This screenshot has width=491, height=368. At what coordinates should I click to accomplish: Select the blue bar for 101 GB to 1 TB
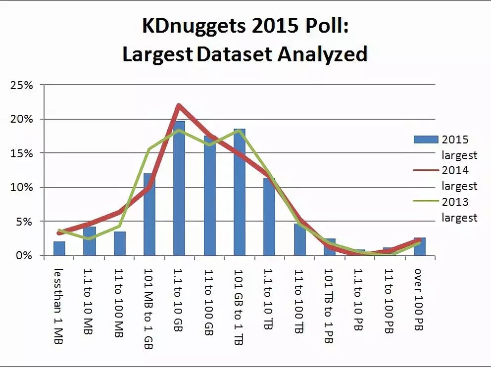point(239,193)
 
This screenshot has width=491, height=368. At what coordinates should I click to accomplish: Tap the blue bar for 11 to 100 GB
point(209,198)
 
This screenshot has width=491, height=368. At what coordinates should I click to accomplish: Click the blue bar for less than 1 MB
point(59,248)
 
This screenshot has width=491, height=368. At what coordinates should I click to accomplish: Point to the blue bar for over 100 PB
point(419,247)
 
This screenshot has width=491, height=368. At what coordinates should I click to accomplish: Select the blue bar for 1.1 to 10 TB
point(269,218)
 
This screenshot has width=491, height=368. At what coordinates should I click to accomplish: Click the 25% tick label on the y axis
point(21,85)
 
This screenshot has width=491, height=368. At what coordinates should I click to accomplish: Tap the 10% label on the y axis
point(21,187)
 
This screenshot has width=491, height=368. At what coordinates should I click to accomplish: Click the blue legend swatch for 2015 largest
point(426,140)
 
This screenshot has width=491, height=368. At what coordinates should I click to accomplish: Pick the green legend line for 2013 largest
point(426,202)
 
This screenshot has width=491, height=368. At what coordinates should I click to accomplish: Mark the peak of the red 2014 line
point(179,105)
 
